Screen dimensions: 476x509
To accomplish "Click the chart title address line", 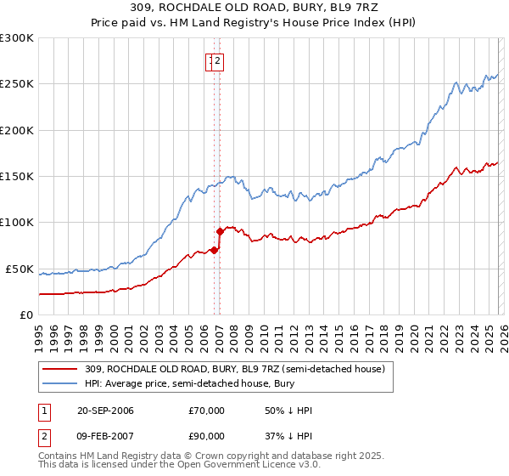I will (x=255, y=8).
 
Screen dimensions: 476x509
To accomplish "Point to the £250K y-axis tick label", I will (x=17, y=84).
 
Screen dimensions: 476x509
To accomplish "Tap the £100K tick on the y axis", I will (x=17, y=223).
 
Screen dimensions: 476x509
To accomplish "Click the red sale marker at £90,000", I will (x=220, y=230).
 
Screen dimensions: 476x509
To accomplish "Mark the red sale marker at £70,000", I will (x=214, y=249).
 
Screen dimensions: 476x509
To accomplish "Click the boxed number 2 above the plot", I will (x=217, y=60).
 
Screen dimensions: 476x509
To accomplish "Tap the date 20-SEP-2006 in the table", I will (x=105, y=411).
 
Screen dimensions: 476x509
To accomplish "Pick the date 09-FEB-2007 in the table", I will (x=105, y=436).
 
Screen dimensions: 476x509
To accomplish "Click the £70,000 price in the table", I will (x=207, y=411).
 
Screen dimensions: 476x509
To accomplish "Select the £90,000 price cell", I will (x=207, y=436).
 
